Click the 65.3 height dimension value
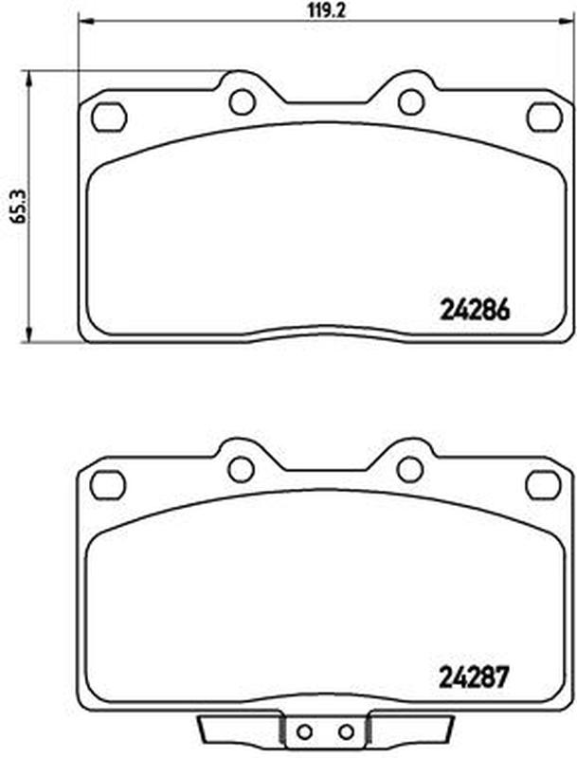(x=19, y=206)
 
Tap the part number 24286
(x=475, y=311)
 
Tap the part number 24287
(x=475, y=677)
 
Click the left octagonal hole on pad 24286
(x=109, y=117)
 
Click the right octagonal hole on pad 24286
(x=545, y=117)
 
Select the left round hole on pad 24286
(x=243, y=101)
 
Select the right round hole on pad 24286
(x=411, y=101)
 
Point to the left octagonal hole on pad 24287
(x=108, y=484)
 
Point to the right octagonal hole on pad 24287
(x=544, y=484)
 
